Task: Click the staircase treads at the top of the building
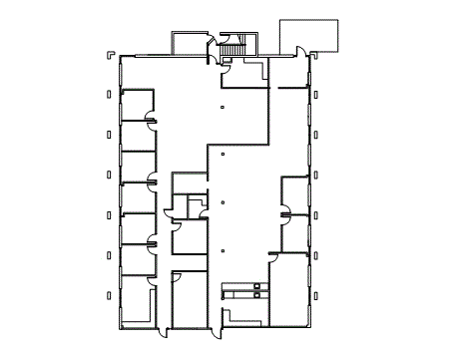pos(234,51)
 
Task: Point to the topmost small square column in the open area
pos(223,106)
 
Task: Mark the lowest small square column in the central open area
pos(223,249)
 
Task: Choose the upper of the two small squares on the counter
pos(256,287)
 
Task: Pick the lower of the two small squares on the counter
pos(256,295)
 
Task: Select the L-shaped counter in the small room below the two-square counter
pos(239,315)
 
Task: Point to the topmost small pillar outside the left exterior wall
pos(108,94)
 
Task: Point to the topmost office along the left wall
pos(137,105)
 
